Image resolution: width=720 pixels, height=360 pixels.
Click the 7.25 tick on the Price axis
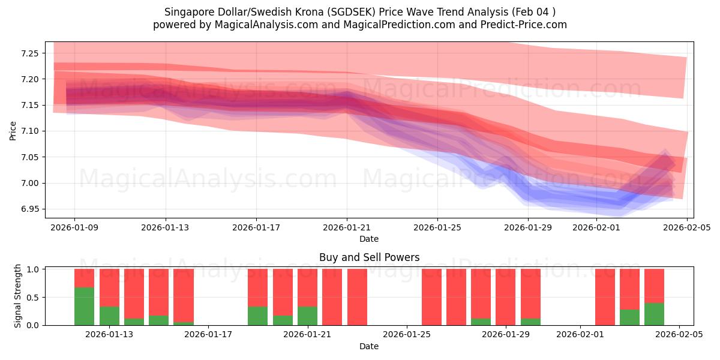[x=29, y=53]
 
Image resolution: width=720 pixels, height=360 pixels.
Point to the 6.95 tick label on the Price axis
[x=29, y=209]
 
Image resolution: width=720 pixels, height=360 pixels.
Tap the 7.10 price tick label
[x=29, y=131]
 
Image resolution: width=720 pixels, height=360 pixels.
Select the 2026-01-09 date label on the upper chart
[x=74, y=227]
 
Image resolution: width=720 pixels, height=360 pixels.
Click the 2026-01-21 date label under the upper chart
[x=347, y=227]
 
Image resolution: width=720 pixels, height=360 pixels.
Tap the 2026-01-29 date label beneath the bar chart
[x=506, y=335]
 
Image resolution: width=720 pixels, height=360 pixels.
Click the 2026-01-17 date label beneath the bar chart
[x=208, y=335]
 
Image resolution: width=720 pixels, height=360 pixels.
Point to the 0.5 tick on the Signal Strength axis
[x=33, y=298]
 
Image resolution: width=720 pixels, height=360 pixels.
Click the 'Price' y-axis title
[x=13, y=130]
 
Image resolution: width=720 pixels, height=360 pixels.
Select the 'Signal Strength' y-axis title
[x=18, y=296]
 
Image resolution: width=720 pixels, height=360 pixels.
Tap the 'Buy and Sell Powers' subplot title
[x=369, y=257]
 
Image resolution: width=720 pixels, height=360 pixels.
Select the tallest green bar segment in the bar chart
[x=84, y=306]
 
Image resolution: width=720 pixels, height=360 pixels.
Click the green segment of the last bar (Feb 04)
[x=654, y=314]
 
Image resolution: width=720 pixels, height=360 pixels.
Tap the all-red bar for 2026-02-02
[x=605, y=297]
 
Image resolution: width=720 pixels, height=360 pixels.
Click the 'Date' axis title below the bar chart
[x=369, y=346]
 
